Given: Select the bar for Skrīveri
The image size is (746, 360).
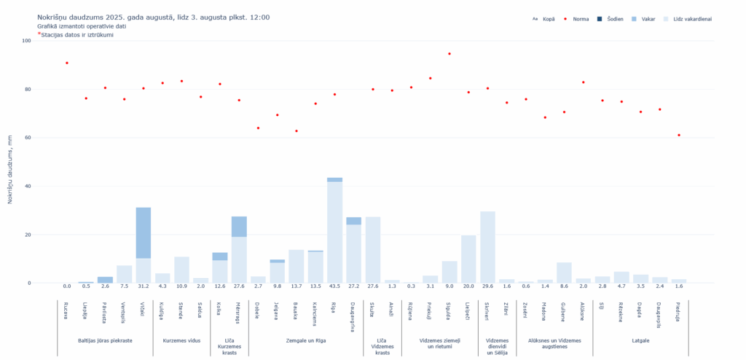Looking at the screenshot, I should click(487, 248).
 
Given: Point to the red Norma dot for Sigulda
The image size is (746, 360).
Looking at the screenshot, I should click(449, 54).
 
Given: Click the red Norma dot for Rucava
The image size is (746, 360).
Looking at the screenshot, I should click(67, 63).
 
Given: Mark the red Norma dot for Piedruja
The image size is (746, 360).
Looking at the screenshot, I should click(679, 135).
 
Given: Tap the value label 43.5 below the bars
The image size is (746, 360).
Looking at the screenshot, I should click(334, 286).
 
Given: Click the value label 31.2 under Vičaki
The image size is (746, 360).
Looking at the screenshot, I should click(144, 286).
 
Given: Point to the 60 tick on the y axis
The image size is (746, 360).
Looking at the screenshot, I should click(27, 138).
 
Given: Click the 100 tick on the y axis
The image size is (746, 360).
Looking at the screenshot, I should click(26, 41).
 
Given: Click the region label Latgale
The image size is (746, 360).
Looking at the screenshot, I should click(640, 340).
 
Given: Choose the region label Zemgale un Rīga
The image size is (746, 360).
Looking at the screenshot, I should click(306, 340).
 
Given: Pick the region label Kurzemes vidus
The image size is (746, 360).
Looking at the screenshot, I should click(181, 340).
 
